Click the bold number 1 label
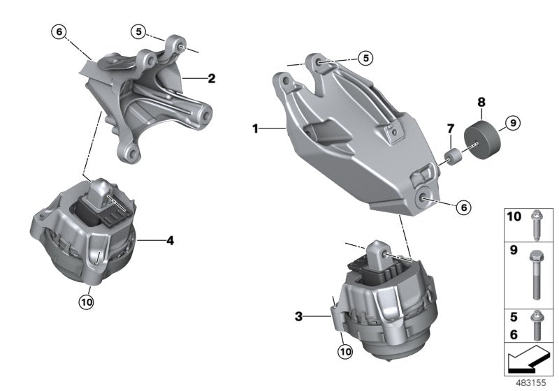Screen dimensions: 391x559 [x=256, y=129]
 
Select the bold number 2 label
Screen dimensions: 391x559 [x=211, y=79]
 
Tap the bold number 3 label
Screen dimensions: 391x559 [x=299, y=316]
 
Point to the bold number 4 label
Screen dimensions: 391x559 [x=170, y=242]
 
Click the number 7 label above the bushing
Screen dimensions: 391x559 [x=450, y=129]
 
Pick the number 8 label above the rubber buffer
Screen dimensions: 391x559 [x=480, y=102]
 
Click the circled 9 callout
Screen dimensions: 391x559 [x=511, y=123]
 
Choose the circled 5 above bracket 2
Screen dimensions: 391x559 [x=140, y=31]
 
